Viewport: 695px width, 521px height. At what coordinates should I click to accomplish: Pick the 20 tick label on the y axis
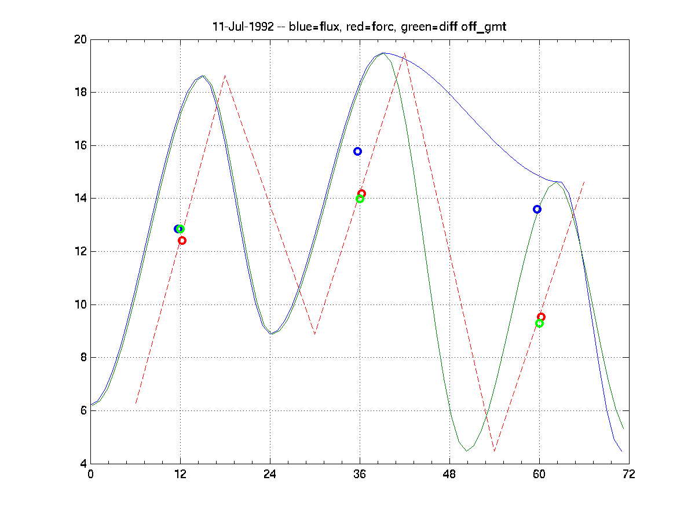pos(80,39)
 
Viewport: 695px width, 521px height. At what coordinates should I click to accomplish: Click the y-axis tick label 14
pos(80,199)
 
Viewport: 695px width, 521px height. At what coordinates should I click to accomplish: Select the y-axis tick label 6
pos(83,410)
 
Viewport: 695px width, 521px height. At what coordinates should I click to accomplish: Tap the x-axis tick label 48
pos(449,474)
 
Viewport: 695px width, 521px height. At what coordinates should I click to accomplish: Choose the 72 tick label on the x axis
pos(629,474)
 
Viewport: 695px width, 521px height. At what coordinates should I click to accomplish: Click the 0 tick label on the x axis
pos(90,474)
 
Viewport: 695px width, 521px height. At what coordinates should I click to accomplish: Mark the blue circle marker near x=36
pos(357,151)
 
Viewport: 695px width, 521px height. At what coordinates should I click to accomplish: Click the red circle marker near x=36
pos(361,193)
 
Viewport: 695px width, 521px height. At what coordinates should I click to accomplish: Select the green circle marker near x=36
pos(360,199)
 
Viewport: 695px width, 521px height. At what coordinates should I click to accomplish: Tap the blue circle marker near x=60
pos(537,209)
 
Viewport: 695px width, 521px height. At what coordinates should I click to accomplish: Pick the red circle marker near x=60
pos(541,317)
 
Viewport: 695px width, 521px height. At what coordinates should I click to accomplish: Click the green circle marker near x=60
pos(539,323)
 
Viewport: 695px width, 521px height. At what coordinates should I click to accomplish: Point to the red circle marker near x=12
pos(182,240)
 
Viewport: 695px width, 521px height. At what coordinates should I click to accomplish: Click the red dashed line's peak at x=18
pos(225,76)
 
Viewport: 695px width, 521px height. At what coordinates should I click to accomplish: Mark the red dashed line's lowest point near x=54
pos(495,450)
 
